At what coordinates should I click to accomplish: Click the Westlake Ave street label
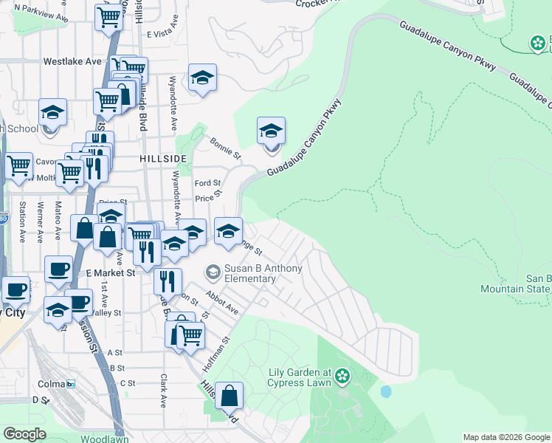[x=72, y=61]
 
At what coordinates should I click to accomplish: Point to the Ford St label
[x=207, y=183]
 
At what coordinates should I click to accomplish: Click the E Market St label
[x=111, y=272]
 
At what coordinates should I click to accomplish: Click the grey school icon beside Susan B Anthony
[x=213, y=273]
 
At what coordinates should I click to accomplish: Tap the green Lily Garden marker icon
[x=342, y=377]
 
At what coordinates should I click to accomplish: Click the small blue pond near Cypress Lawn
[x=386, y=391]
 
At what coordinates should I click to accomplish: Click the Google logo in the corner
[x=24, y=434]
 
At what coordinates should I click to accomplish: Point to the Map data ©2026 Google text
[x=505, y=437]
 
